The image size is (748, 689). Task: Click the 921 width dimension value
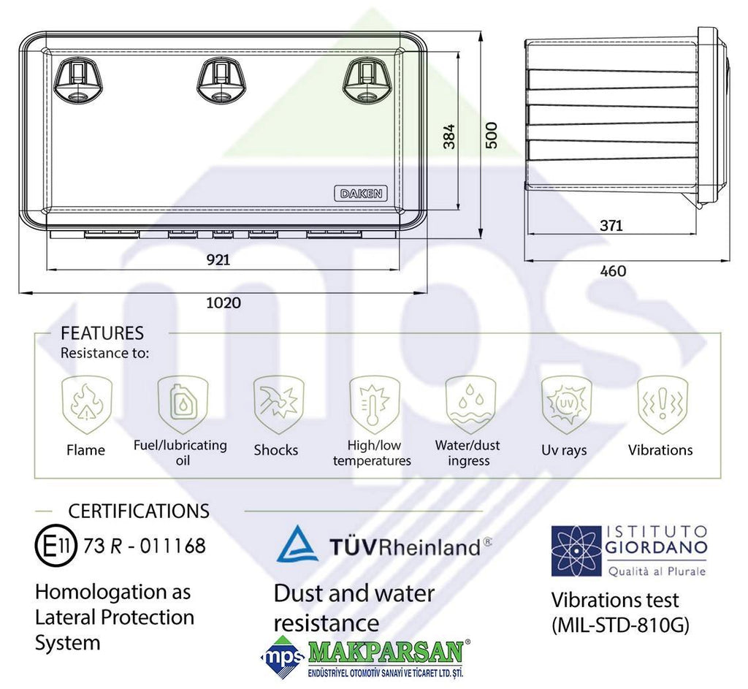click(218, 259)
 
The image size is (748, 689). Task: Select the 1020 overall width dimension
click(224, 302)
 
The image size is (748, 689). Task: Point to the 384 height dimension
click(449, 136)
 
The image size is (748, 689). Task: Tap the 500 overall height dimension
click(492, 135)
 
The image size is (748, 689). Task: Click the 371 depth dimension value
click(611, 225)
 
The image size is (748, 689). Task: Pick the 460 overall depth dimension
click(613, 271)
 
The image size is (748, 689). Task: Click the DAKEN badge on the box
click(361, 194)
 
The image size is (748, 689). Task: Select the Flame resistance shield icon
click(86, 403)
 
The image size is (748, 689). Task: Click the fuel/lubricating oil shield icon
click(183, 403)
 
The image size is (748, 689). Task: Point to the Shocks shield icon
click(278, 403)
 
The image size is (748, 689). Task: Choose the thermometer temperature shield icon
click(375, 403)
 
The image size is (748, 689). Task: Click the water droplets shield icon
click(470, 403)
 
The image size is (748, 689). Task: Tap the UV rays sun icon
click(566, 403)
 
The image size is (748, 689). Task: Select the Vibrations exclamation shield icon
click(663, 403)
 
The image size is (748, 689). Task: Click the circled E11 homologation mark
click(56, 546)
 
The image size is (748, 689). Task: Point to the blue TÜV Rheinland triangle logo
click(298, 543)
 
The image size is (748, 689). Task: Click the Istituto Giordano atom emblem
click(576, 551)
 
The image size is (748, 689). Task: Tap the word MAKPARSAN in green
click(386, 652)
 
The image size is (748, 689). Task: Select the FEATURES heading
click(102, 333)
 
